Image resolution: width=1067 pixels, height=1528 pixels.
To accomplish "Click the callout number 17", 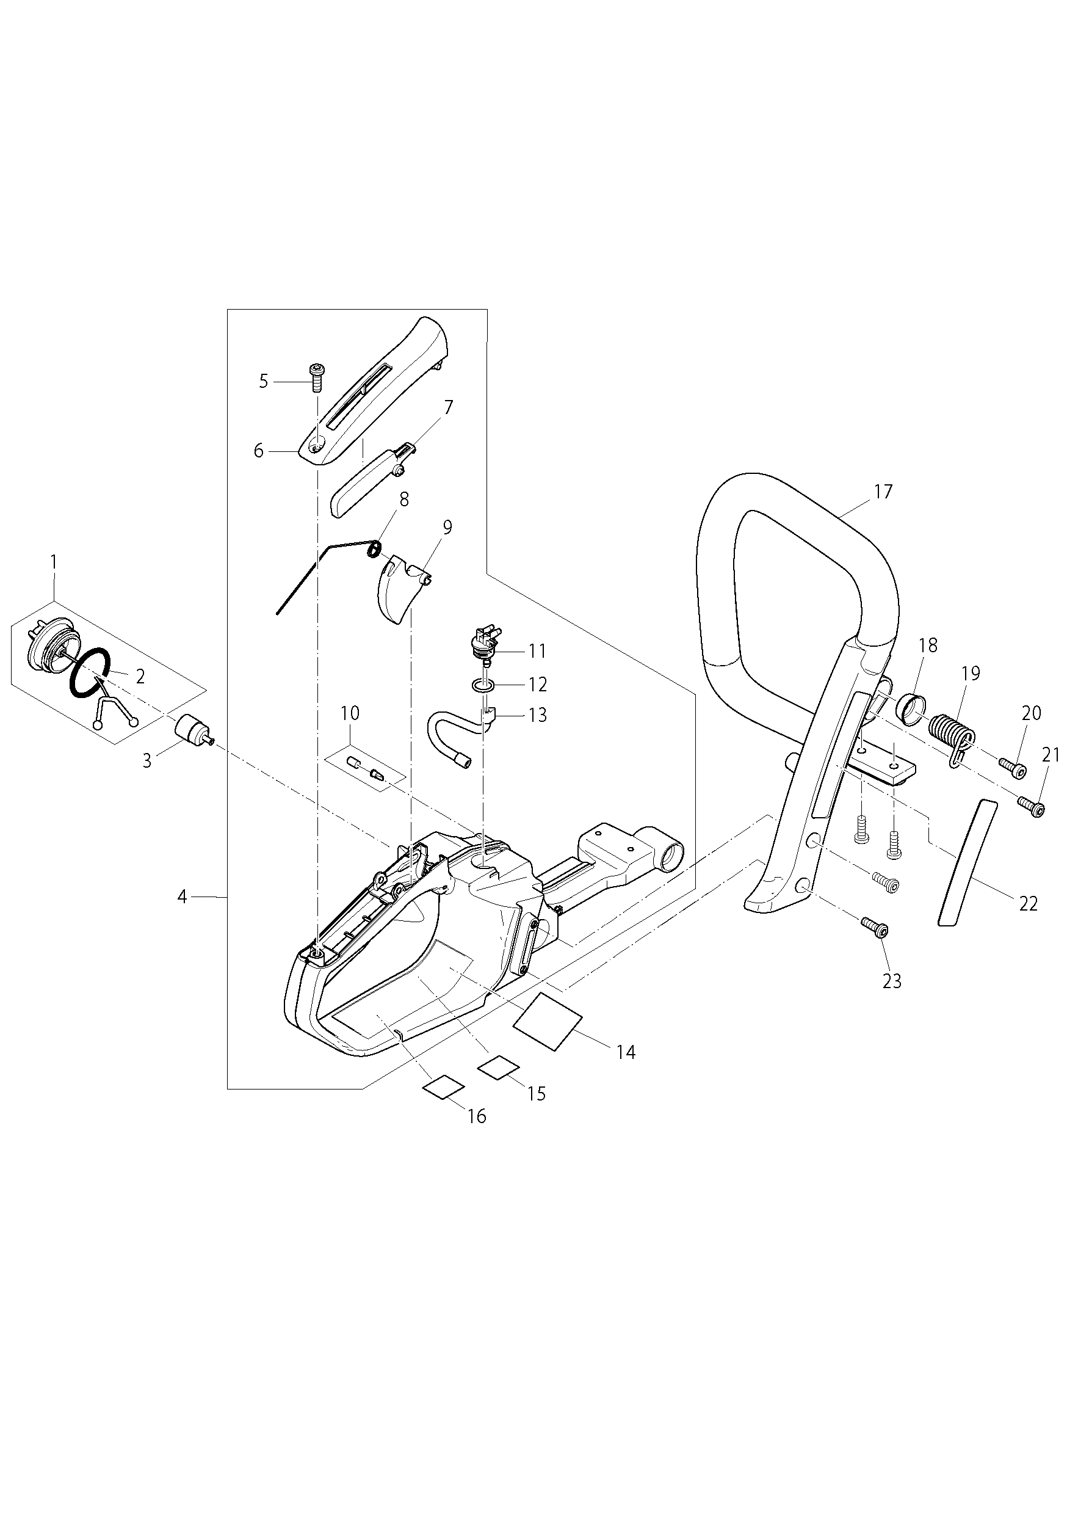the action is pos(883,492).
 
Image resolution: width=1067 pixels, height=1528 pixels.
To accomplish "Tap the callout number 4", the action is pos(183,897).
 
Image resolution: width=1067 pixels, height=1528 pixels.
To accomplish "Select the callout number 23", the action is pos(891,981).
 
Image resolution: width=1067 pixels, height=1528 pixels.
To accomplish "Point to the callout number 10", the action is pos(350,713).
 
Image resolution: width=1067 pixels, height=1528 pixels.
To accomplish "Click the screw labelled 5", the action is pos(317,379).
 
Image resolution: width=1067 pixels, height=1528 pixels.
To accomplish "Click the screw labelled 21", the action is pos(1032,807).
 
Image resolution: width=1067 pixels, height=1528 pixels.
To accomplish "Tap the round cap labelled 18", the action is pos(908,708).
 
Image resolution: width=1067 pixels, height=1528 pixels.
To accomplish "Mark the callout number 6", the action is pos(259,451).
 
